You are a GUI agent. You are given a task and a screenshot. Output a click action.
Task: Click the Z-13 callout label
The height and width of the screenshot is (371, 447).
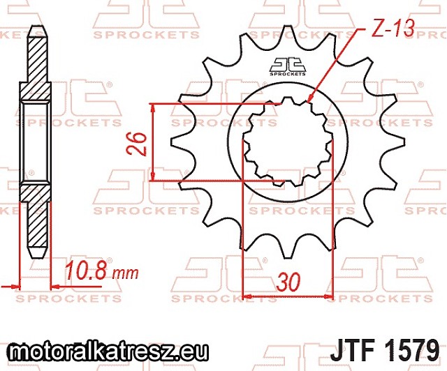click(x=393, y=29)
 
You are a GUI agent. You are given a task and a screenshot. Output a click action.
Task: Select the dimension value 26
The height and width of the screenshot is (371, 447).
click(x=137, y=144)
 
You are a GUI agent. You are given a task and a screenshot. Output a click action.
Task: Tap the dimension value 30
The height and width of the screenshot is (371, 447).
click(x=289, y=282)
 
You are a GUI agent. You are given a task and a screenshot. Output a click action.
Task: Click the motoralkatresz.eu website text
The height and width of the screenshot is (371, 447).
click(x=108, y=352)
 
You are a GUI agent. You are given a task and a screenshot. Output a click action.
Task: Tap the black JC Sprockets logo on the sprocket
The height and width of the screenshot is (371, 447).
click(x=287, y=67)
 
